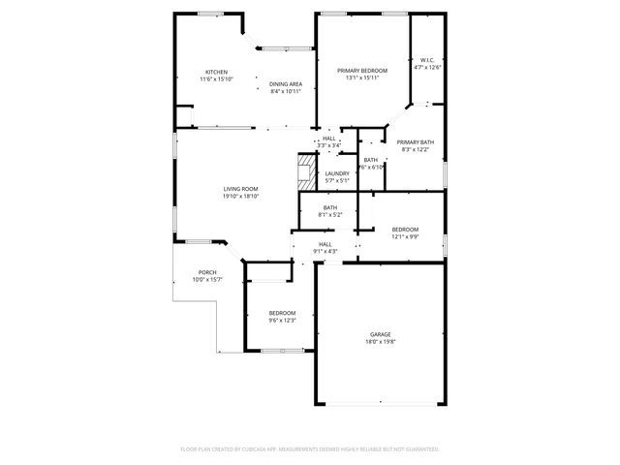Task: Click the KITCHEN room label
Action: point(216,71)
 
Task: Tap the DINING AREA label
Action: point(286,84)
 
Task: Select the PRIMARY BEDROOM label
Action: point(362,71)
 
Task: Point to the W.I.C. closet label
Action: point(427,61)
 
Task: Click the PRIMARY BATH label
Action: point(415,142)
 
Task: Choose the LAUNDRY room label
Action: point(337,173)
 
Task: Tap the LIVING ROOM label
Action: point(240,189)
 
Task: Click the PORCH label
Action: point(207,272)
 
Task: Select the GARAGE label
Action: point(380,334)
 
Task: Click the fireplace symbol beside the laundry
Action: point(307,171)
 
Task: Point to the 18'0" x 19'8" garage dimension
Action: point(380,341)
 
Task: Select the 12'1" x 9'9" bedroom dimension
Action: point(405,236)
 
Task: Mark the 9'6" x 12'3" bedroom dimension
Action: point(282,320)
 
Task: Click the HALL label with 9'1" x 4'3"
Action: point(325,244)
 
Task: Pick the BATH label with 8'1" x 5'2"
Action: point(330,207)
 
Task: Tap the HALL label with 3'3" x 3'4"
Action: point(329,139)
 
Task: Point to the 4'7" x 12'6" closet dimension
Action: point(427,68)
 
